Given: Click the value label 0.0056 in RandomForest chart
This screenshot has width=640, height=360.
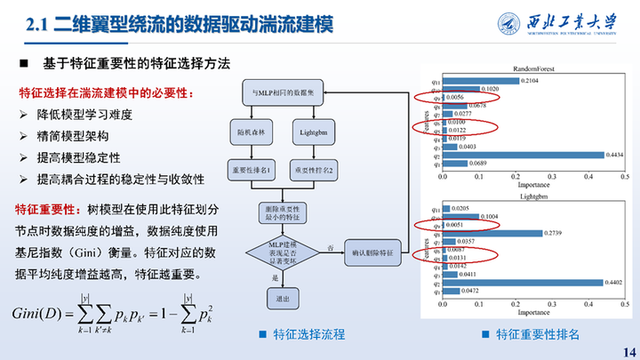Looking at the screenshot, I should (454, 97).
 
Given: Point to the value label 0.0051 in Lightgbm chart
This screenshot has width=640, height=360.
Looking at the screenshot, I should (452, 225).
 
